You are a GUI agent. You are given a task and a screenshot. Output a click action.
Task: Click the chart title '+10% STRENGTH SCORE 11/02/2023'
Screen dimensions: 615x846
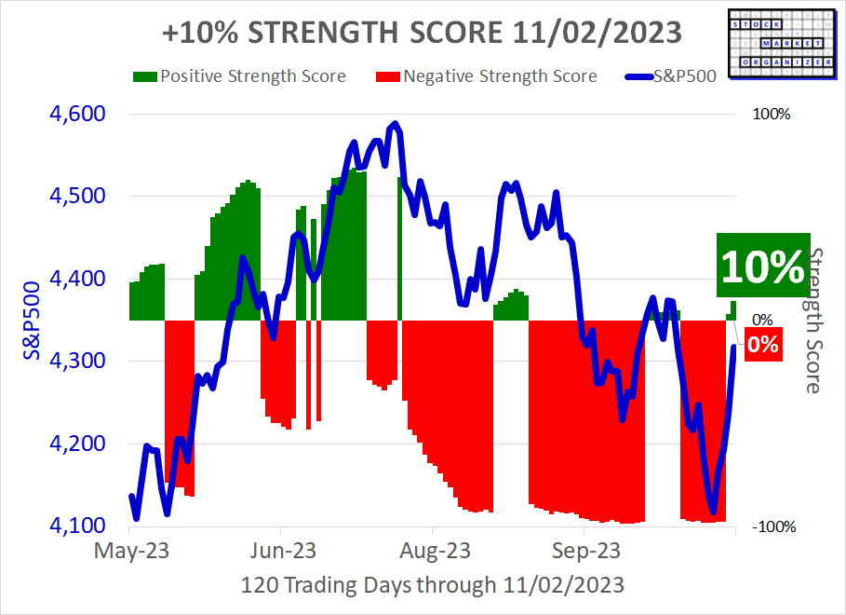(422, 33)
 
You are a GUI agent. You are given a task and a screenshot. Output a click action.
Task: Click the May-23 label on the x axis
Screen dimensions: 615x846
(130, 551)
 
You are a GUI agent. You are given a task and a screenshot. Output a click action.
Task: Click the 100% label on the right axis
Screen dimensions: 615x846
(771, 115)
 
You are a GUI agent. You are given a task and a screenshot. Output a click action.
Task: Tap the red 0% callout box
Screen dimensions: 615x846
(761, 344)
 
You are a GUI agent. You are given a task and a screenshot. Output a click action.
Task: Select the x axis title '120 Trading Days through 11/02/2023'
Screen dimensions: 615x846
(432, 586)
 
